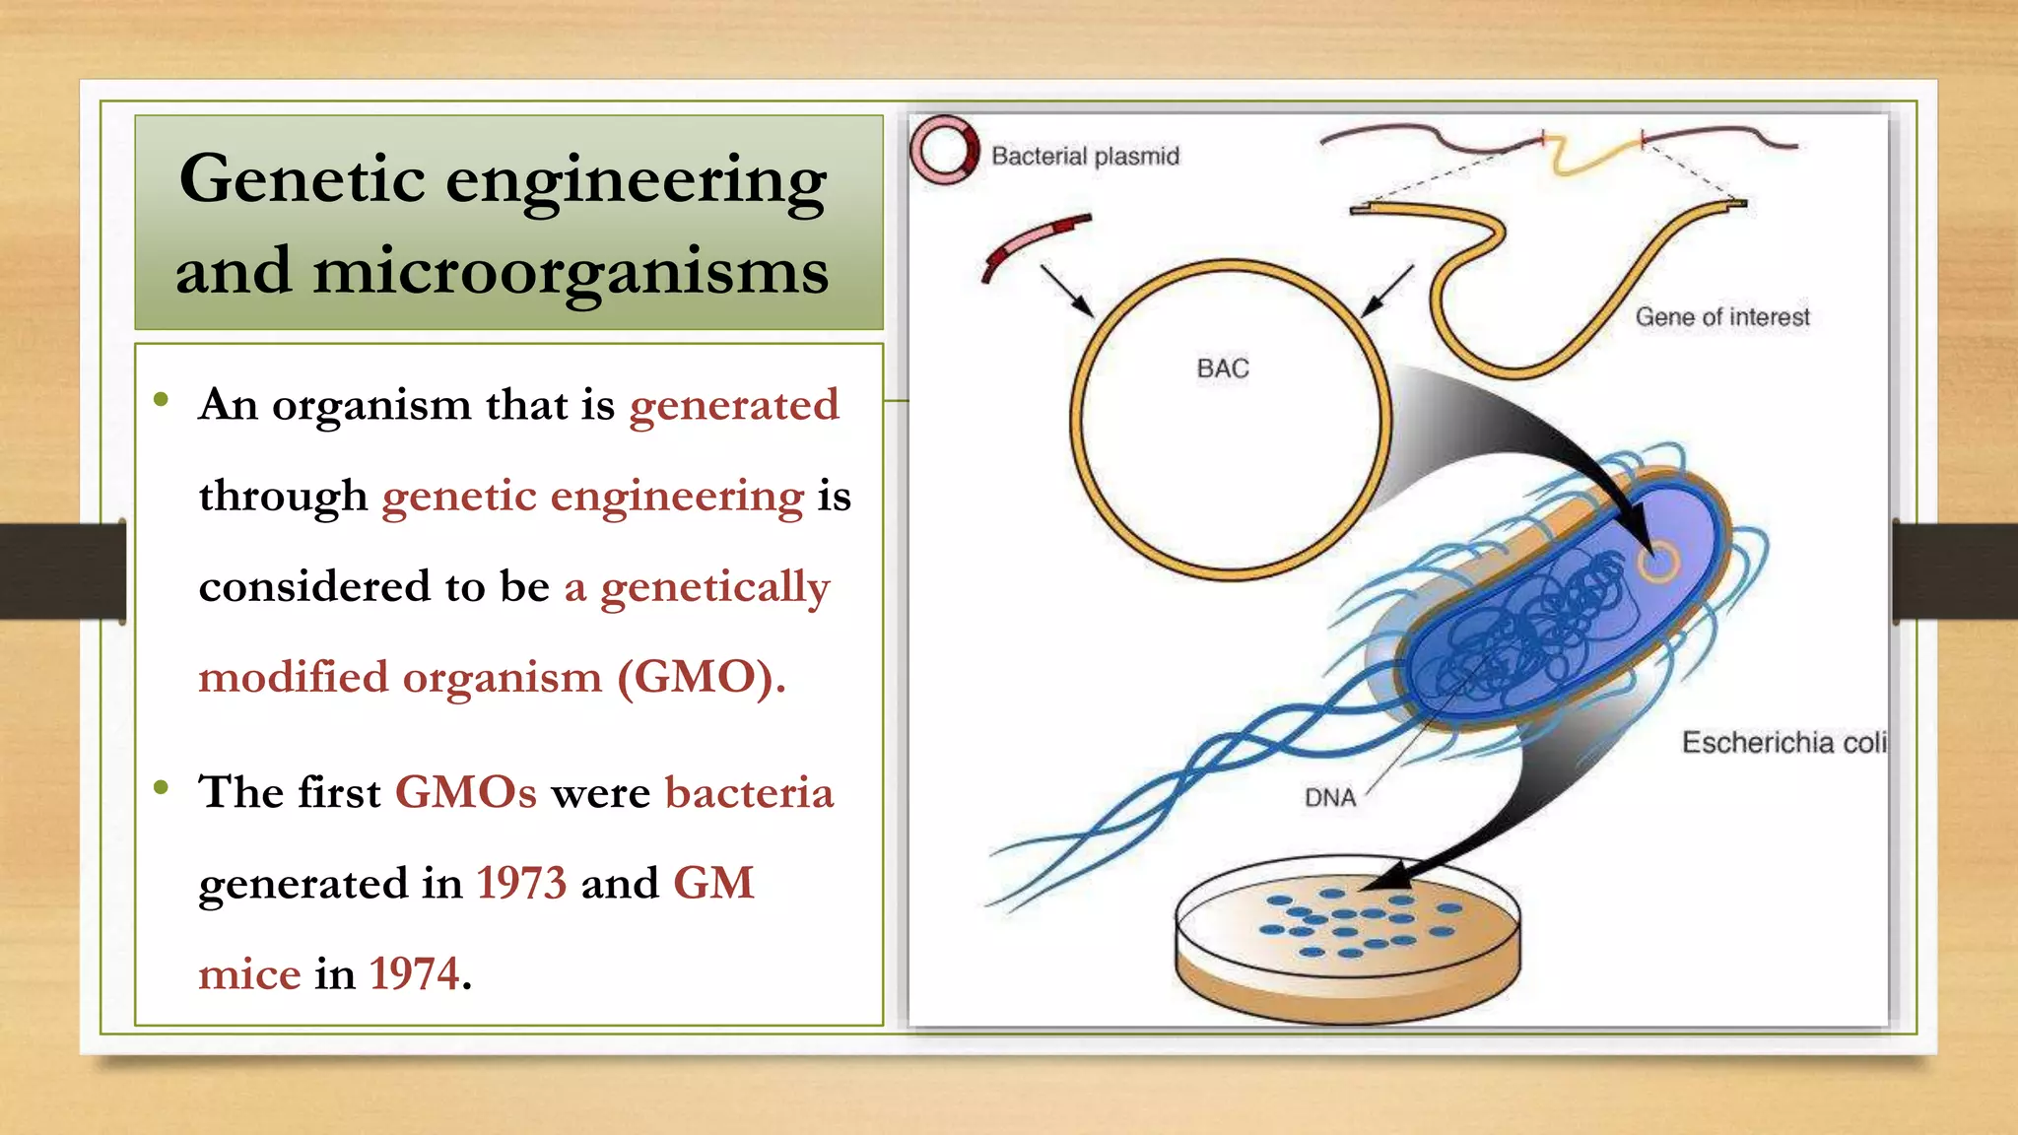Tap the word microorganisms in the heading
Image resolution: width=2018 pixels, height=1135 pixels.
pyautogui.click(x=571, y=271)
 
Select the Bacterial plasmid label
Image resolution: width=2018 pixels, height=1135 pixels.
pyautogui.click(x=1085, y=156)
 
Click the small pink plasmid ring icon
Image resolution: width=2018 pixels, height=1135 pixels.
pyautogui.click(x=944, y=151)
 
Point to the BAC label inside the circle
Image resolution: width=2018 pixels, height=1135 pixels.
pyautogui.click(x=1222, y=368)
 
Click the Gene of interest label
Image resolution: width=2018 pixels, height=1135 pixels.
pyautogui.click(x=1721, y=317)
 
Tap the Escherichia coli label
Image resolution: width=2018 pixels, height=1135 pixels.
pyautogui.click(x=1783, y=742)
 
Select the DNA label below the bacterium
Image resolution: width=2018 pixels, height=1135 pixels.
pyautogui.click(x=1329, y=797)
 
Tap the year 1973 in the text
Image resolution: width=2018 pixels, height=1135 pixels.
pyautogui.click(x=521, y=883)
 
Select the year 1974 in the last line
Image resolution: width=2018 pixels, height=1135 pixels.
pyautogui.click(x=414, y=974)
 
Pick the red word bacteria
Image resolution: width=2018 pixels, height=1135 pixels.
pyautogui.click(x=749, y=793)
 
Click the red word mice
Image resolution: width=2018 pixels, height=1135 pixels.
pyautogui.click(x=249, y=974)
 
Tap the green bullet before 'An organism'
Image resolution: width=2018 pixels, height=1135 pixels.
pyautogui.click(x=162, y=400)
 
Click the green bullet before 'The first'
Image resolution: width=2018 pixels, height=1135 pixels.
pyautogui.click(x=162, y=787)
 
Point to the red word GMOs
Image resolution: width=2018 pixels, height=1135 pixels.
pyautogui.click(x=465, y=793)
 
